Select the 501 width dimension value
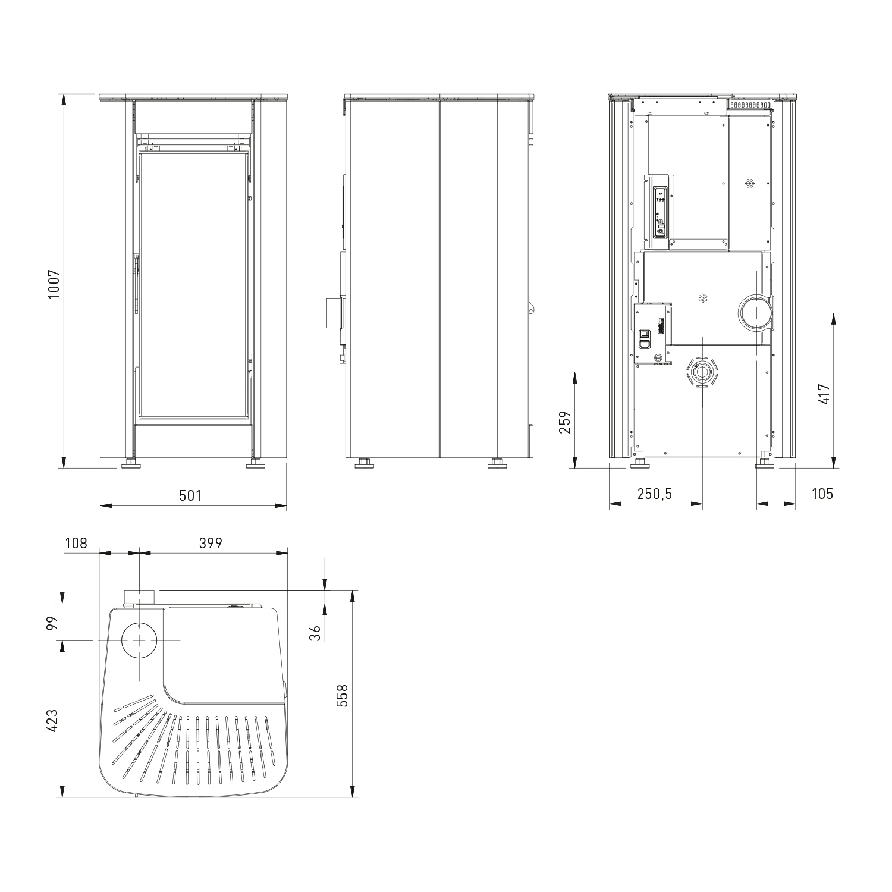coord(191,495)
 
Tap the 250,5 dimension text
coord(654,494)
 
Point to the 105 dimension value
coord(822,494)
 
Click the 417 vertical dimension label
coord(824,394)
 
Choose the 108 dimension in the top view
coord(76,543)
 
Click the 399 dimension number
coord(211,543)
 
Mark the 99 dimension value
coord(54,623)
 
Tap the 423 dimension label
coord(54,720)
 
